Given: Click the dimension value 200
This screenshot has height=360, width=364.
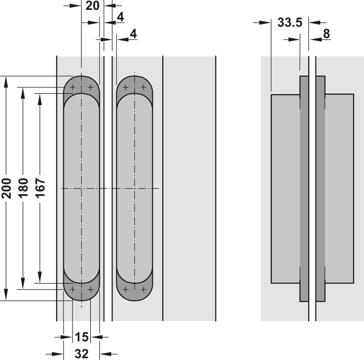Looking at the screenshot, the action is coord(6,188).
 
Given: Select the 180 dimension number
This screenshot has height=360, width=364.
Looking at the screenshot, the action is coord(23,188).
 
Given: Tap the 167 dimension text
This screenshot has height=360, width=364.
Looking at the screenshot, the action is coord(40,188).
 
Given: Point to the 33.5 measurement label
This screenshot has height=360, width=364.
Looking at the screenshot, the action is coord(290,23).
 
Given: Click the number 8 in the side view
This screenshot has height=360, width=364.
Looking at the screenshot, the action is coord(327,34).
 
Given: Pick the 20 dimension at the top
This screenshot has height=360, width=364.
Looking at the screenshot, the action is coord(92,6).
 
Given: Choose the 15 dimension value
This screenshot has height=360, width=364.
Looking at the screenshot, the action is coord(82,337).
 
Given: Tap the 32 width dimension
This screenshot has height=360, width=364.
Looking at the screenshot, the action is coord(82,354).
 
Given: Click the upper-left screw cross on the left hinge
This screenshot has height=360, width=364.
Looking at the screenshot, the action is coord(73,87).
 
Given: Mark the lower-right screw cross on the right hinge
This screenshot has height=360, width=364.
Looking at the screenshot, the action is coord(144,289).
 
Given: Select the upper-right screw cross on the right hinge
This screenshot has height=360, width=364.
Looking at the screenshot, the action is coord(144,87).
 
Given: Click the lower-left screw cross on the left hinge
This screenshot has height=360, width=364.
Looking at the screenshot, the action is coord(73,289).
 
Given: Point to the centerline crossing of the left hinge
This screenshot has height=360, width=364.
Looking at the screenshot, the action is coord(81,188).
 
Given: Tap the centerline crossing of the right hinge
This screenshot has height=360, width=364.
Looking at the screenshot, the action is coord(135,188).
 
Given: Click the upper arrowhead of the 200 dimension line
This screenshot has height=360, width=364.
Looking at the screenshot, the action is coord(6,82).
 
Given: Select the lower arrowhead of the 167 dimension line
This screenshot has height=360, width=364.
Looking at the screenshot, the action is coord(40,277).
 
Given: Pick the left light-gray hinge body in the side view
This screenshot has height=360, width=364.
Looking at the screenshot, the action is coord(286,189).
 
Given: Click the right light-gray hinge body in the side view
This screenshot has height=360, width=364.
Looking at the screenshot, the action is coord(339,189).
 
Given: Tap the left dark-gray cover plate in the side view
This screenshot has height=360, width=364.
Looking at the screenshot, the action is coord(304,189).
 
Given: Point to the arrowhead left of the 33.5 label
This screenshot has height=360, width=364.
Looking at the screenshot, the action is coord(265,23).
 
